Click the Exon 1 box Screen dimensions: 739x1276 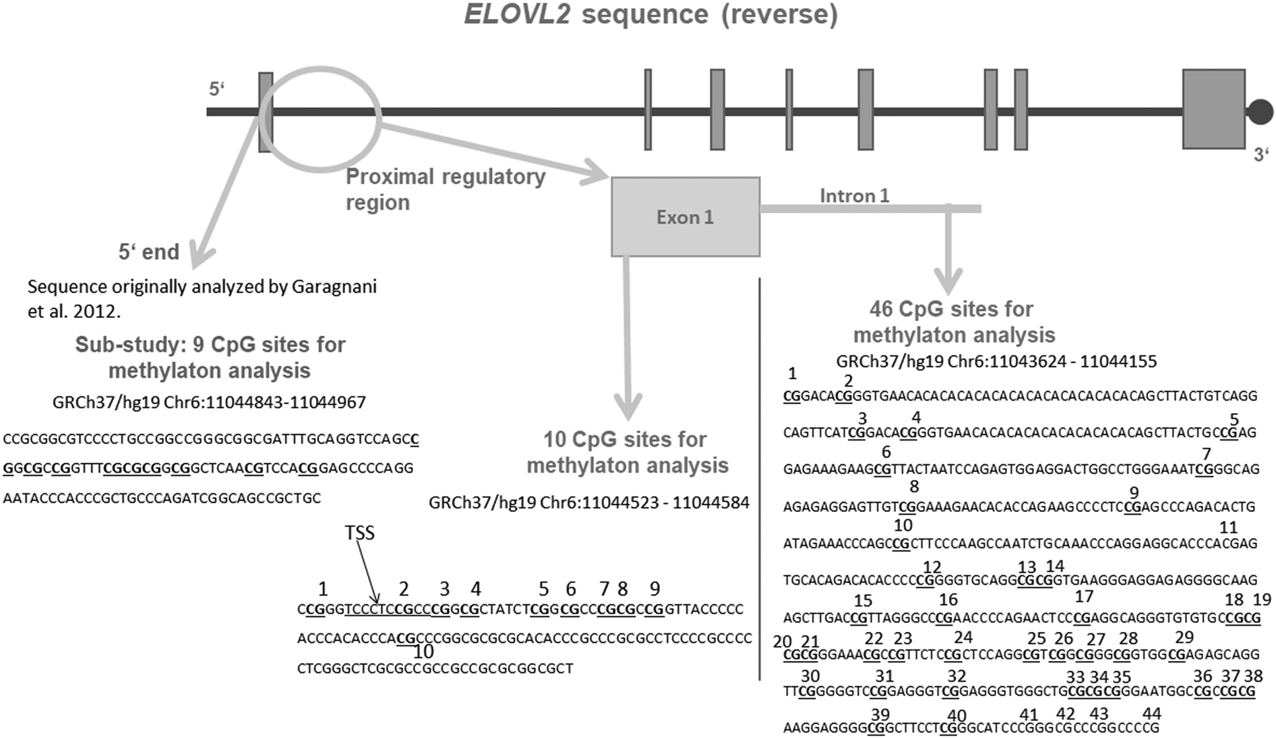click(x=685, y=217)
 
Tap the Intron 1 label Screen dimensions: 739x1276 click(x=854, y=195)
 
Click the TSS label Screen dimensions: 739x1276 click(x=359, y=533)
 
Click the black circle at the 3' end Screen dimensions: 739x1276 click(x=1260, y=111)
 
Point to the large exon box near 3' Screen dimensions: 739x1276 click(x=1213, y=108)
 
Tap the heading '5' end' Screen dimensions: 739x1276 click(x=149, y=252)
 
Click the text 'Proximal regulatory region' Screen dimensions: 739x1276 click(x=445, y=189)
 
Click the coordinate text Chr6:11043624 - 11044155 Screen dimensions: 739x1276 click(x=1052, y=362)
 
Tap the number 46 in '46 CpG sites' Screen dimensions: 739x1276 click(x=881, y=309)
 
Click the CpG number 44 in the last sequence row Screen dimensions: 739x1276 click(x=1151, y=713)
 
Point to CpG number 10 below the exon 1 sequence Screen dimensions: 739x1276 click(x=423, y=651)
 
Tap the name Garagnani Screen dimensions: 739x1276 click(x=334, y=287)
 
